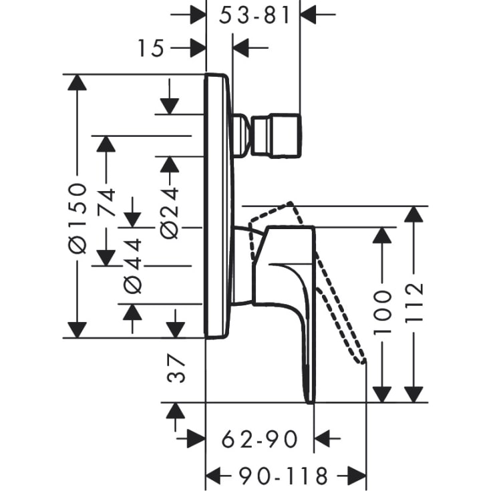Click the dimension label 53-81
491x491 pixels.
click(x=256, y=15)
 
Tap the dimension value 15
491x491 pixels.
click(x=151, y=48)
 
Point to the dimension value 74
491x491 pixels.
click(x=107, y=200)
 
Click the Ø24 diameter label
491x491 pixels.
click(x=170, y=212)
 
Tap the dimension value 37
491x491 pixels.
click(x=175, y=368)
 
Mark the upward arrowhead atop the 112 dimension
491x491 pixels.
click(x=415, y=215)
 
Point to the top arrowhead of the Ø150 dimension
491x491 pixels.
click(x=77, y=83)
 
